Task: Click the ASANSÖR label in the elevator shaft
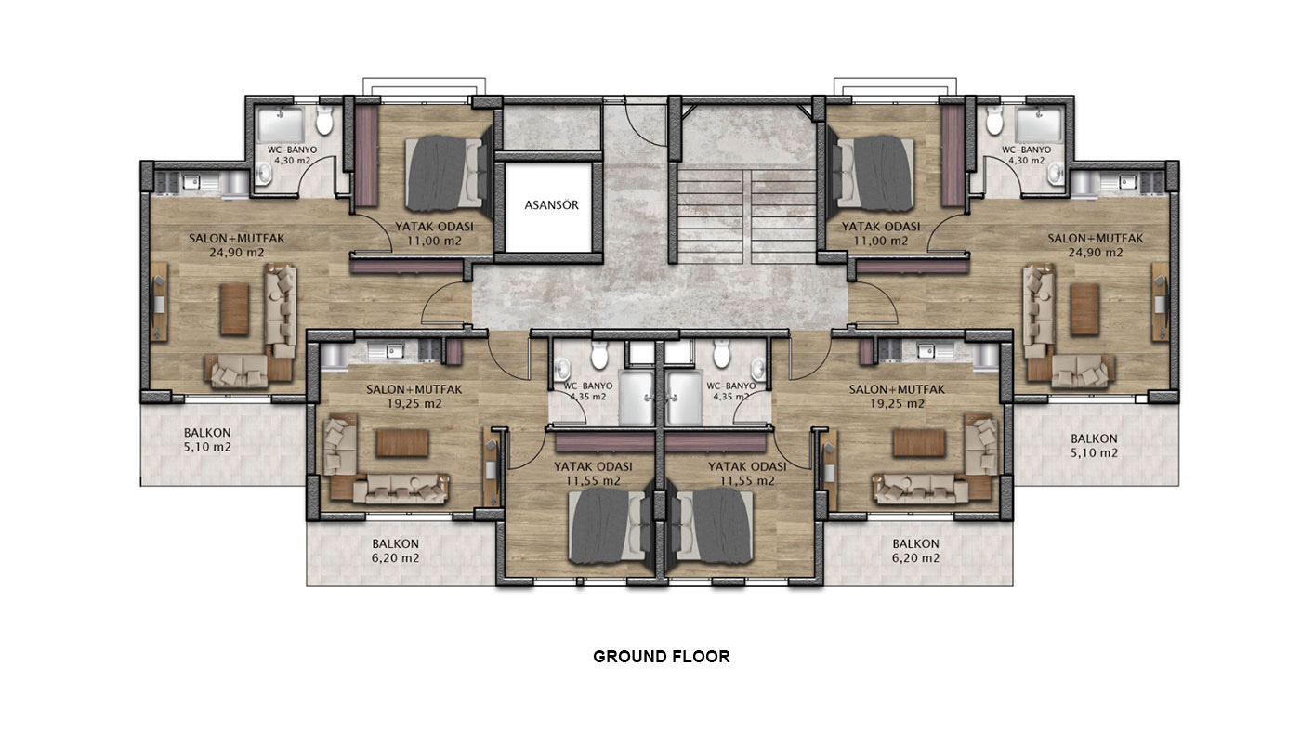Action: (x=551, y=205)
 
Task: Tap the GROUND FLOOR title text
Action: (x=661, y=657)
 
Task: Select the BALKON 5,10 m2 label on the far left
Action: (x=207, y=440)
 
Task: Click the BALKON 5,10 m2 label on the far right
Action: (x=1095, y=446)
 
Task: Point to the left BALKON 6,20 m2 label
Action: (x=396, y=551)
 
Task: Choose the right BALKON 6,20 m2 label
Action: (x=916, y=551)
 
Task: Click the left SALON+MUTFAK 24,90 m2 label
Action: (x=236, y=245)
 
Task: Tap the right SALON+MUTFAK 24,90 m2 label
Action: (x=1096, y=245)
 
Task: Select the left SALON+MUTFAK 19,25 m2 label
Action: (x=414, y=397)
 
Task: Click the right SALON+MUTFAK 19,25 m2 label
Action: (x=897, y=397)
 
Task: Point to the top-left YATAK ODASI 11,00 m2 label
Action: (x=435, y=233)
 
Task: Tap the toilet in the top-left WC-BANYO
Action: (x=324, y=120)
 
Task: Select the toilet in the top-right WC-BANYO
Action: (x=995, y=120)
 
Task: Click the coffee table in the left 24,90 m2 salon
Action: (x=234, y=309)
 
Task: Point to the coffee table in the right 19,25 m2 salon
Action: (x=919, y=442)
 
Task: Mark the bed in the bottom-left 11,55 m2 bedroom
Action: (x=608, y=527)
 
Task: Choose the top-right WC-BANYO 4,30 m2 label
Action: (x=1026, y=155)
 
